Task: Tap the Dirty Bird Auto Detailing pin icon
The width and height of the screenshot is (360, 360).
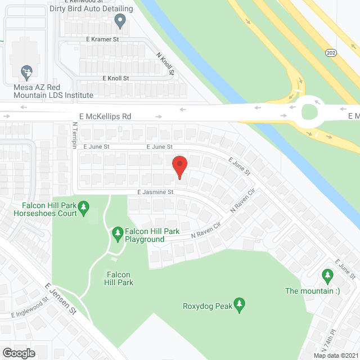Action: click(x=119, y=21)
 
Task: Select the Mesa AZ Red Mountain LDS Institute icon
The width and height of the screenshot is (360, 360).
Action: click(x=25, y=72)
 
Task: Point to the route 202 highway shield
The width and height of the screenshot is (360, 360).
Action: click(x=331, y=52)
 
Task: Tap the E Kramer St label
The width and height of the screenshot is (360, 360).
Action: click(x=102, y=39)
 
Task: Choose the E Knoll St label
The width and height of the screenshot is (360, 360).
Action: click(x=116, y=78)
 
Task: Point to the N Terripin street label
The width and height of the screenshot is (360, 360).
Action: click(x=74, y=136)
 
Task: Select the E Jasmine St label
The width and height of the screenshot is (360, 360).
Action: click(x=156, y=192)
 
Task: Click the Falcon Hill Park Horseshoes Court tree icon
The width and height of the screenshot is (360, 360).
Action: click(x=84, y=209)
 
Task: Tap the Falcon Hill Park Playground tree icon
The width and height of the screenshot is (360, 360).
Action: click(x=118, y=232)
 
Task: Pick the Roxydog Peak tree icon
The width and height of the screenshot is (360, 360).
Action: click(x=240, y=304)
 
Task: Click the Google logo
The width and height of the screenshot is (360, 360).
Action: click(x=19, y=353)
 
